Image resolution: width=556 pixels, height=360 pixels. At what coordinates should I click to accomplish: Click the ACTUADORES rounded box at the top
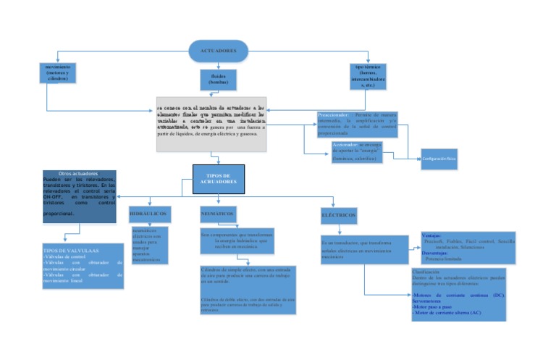[218, 51]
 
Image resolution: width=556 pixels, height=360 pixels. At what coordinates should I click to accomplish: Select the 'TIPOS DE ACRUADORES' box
[218, 179]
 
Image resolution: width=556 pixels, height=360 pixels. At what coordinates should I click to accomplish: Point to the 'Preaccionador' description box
[357, 124]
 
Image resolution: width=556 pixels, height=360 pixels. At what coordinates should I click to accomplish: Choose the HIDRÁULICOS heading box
[149, 215]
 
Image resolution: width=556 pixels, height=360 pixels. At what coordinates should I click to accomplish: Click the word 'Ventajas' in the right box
[431, 236]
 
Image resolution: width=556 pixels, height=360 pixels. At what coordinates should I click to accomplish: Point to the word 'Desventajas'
[435, 253]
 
